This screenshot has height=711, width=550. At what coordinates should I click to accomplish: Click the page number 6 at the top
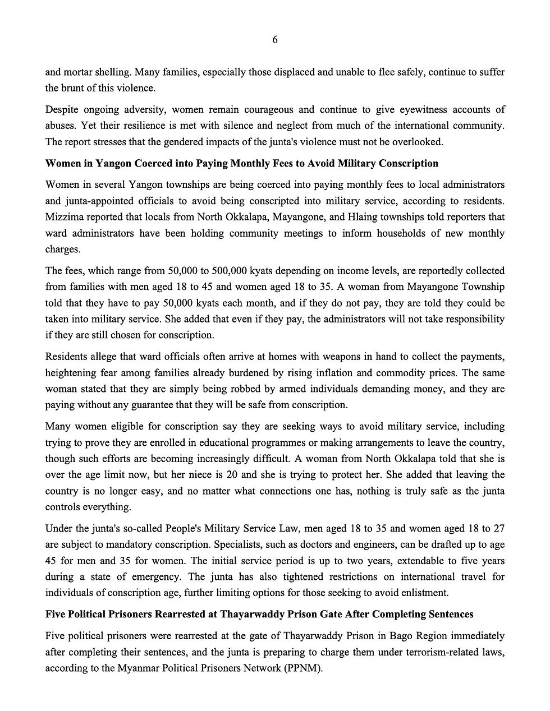click(x=275, y=40)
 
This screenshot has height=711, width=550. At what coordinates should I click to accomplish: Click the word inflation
click(x=350, y=373)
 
